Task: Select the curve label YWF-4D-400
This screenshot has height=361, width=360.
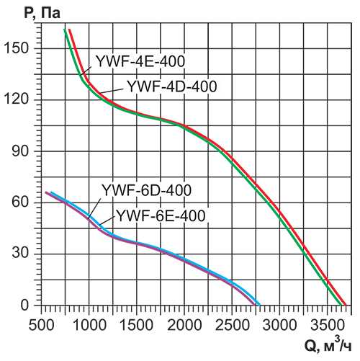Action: pyautogui.click(x=171, y=86)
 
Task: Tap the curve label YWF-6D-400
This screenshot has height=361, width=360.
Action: pyautogui.click(x=146, y=191)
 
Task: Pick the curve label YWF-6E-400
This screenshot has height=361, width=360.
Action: pyautogui.click(x=161, y=215)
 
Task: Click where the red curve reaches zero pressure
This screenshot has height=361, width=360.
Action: pyautogui.click(x=346, y=305)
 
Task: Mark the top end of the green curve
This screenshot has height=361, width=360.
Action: pyautogui.click(x=65, y=30)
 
